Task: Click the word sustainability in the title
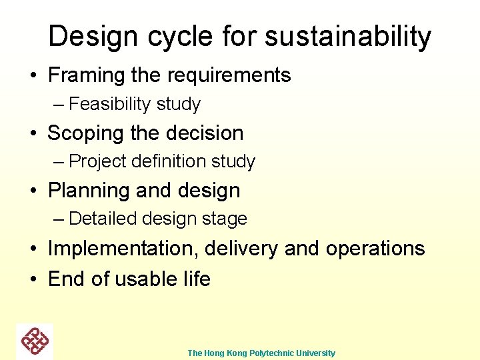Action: tap(348, 37)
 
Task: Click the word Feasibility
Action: tap(110, 104)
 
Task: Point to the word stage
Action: tap(227, 219)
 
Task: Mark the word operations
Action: tap(375, 248)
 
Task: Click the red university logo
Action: tap(35, 341)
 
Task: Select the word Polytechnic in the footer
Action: tap(275, 353)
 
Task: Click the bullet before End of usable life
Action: tap(33, 279)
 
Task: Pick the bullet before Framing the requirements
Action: tap(33, 76)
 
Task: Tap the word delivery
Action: tap(241, 248)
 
